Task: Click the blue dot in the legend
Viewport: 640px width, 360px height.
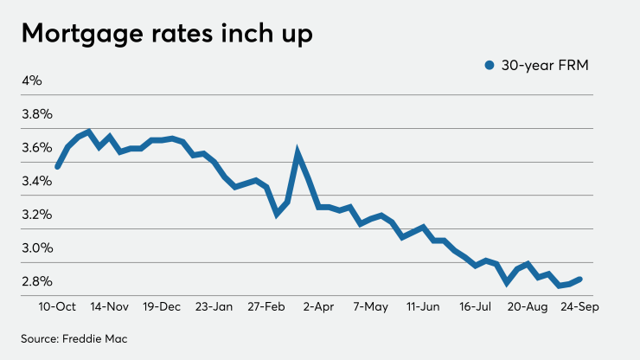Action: (488, 65)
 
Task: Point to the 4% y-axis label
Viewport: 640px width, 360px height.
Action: (32, 80)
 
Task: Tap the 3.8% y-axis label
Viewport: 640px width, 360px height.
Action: (37, 114)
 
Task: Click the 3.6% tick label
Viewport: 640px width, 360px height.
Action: (37, 147)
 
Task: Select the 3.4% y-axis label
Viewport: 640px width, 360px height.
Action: (37, 181)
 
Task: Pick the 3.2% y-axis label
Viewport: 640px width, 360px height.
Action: (37, 214)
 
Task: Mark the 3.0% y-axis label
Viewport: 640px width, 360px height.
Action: (37, 247)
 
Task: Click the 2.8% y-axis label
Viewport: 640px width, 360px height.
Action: (37, 281)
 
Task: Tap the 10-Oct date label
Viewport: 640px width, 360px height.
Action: (57, 307)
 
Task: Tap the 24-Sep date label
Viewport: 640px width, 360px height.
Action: (581, 307)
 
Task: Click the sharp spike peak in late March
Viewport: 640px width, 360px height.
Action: (298, 153)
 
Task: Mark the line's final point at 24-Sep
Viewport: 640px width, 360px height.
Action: (579, 279)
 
